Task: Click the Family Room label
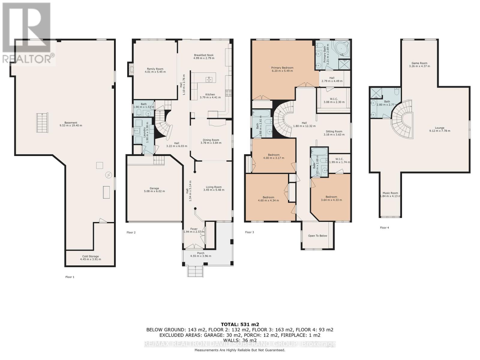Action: click(155, 69)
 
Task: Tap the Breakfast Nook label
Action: click(204, 55)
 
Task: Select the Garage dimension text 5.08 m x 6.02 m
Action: click(154, 191)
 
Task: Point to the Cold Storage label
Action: click(90, 256)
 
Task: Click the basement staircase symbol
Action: click(42, 123)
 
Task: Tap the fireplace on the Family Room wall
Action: click(130, 69)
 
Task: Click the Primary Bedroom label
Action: click(282, 68)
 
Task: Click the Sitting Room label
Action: click(334, 131)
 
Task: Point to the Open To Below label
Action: click(317, 236)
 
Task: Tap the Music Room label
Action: click(390, 193)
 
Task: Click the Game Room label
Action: click(419, 63)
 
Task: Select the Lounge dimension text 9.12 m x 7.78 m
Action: click(439, 131)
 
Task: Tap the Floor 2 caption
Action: click(131, 232)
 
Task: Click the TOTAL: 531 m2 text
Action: click(240, 324)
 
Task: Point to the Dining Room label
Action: click(211, 140)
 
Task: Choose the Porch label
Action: click(200, 253)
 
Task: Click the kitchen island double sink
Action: click(209, 79)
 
